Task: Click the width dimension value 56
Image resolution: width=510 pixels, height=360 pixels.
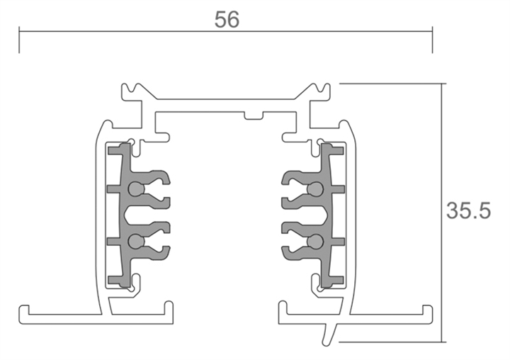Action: (227, 20)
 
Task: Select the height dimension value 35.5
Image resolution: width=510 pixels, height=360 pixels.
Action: (468, 211)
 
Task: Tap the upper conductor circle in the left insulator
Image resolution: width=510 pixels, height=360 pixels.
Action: (135, 189)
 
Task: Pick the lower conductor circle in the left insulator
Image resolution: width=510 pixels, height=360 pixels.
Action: (135, 242)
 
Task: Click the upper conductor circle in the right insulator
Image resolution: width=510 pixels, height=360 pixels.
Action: (316, 189)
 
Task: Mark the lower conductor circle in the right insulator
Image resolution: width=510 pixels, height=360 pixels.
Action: (316, 242)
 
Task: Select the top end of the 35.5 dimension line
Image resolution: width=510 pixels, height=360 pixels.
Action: (444, 84)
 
